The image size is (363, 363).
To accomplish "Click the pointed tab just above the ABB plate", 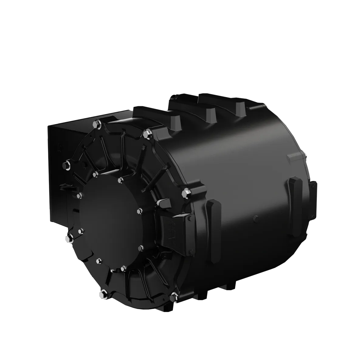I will tap(164, 202).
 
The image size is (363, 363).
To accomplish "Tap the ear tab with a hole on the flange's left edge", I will tap(66, 185).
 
